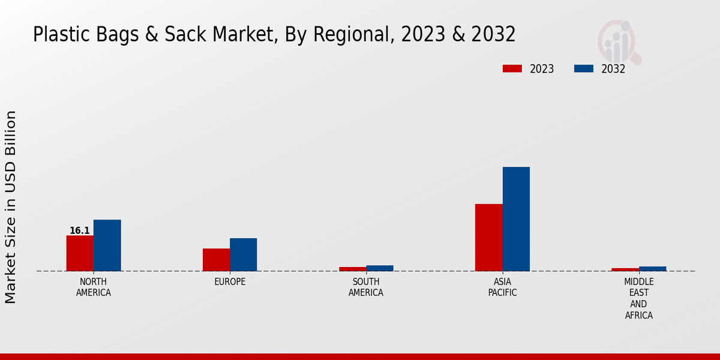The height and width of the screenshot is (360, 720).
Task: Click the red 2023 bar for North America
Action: click(80, 253)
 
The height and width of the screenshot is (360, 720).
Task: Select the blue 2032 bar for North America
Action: click(107, 245)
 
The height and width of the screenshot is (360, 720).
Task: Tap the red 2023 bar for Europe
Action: click(216, 260)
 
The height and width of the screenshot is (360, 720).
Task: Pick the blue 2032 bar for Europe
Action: click(243, 254)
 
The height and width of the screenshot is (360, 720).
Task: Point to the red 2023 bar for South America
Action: click(352, 269)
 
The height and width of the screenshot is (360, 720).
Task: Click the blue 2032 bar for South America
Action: click(380, 268)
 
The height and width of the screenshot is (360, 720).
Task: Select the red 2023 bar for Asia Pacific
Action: click(488, 238)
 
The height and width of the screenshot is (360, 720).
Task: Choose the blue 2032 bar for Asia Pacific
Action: click(516, 219)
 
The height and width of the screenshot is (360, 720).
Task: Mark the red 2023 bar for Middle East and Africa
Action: click(625, 269)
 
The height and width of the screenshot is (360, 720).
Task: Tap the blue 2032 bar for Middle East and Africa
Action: click(652, 269)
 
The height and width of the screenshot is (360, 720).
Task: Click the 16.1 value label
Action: click(80, 231)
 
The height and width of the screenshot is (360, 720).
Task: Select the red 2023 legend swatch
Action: click(512, 68)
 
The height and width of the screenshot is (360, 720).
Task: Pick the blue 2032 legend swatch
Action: click(584, 68)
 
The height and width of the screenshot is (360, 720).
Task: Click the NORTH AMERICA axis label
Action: click(94, 287)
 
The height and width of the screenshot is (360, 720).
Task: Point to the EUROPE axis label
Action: click(230, 282)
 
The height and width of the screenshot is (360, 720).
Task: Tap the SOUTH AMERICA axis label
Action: click(366, 287)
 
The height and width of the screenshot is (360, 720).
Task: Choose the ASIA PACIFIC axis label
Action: click(502, 287)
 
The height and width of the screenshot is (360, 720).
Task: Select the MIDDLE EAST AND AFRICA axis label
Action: click(638, 298)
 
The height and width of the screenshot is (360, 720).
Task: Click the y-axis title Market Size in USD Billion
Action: click(11, 207)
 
